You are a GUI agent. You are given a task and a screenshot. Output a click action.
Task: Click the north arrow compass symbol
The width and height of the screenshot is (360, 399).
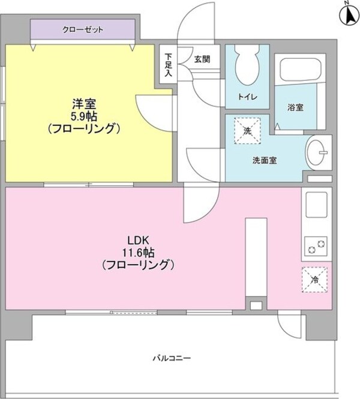point(349,14)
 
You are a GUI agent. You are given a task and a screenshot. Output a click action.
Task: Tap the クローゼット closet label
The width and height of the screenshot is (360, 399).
point(83,29)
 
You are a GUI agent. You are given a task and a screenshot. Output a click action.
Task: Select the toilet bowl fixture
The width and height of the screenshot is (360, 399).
point(247,65)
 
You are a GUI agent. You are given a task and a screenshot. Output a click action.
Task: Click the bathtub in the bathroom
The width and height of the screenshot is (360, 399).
point(299,68)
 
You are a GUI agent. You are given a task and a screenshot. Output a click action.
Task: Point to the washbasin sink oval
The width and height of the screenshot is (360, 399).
point(317,152)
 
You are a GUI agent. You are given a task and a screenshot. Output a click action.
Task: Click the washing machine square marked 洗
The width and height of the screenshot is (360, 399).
point(248,131)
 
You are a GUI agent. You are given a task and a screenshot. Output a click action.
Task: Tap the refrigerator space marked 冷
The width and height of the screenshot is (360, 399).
point(314,280)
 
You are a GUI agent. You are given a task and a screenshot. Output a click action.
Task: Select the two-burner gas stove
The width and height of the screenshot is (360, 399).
point(316,247)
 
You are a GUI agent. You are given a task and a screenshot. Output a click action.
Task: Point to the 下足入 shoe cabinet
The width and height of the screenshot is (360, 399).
point(168,64)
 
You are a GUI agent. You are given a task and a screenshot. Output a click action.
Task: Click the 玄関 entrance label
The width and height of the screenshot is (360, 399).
point(202,59)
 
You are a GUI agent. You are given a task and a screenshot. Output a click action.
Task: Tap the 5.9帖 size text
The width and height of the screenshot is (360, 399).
point(84,116)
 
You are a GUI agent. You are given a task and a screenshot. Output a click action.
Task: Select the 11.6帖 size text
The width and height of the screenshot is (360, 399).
point(138,253)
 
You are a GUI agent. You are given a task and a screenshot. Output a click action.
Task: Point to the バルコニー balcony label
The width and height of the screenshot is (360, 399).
point(172,358)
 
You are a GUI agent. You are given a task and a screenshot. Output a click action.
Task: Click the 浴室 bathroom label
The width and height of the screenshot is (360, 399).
point(295,107)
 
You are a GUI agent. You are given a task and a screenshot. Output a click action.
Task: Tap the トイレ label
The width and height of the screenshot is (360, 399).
point(248,97)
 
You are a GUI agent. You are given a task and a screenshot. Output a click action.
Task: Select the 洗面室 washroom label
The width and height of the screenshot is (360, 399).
point(265,160)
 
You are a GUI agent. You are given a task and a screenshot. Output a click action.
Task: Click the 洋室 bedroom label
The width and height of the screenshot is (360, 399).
point(84,104)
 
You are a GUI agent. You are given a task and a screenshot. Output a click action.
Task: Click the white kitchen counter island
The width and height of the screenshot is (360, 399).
point(256,257)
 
